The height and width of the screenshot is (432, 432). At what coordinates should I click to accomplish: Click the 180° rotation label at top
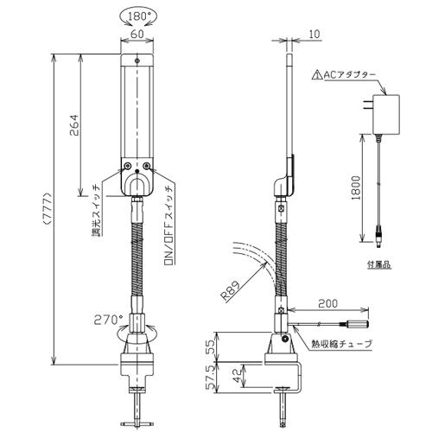(138, 16)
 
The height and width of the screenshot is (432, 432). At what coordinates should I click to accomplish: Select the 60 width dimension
(137, 34)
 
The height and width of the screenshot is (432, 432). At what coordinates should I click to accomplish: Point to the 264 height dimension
(73, 125)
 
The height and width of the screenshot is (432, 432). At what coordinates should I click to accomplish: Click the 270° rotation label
(108, 320)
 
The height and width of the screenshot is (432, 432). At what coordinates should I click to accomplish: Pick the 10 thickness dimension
(314, 34)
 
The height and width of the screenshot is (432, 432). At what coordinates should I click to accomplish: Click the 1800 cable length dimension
(356, 188)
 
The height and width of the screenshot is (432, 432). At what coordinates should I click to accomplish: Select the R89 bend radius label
(231, 291)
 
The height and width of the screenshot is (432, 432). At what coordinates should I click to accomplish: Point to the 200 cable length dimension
(328, 303)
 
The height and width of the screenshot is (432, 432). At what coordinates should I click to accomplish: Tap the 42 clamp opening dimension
(237, 376)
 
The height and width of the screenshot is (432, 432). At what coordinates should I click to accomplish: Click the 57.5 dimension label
(212, 378)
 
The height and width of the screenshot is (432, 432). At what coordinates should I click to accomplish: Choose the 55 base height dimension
(211, 347)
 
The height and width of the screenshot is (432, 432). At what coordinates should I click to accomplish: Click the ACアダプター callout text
(350, 75)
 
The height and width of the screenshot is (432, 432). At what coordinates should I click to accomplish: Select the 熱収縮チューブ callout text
(342, 344)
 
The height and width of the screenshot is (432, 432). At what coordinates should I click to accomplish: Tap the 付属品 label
(379, 264)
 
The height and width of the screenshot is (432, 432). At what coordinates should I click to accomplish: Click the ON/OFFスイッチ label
(168, 226)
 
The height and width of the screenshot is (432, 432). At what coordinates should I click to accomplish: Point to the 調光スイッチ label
(96, 210)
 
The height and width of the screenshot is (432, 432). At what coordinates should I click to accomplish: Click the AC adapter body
(386, 114)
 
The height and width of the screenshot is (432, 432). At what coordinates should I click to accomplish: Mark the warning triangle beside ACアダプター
(317, 75)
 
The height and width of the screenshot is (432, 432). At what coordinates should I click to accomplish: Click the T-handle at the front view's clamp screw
(137, 423)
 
